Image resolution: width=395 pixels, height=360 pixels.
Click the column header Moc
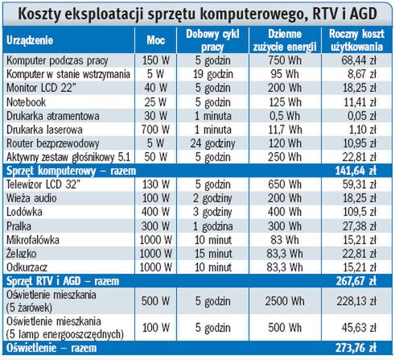tap(155, 39)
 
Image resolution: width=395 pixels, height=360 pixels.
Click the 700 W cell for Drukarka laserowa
tap(155, 128)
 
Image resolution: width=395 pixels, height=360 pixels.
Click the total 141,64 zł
tap(360, 171)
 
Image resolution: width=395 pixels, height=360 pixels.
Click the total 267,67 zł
tap(360, 280)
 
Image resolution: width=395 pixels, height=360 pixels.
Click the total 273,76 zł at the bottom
tap(360, 349)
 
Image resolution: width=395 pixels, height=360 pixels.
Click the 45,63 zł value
tap(360, 328)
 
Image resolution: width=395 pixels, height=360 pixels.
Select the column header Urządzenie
tap(32, 39)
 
